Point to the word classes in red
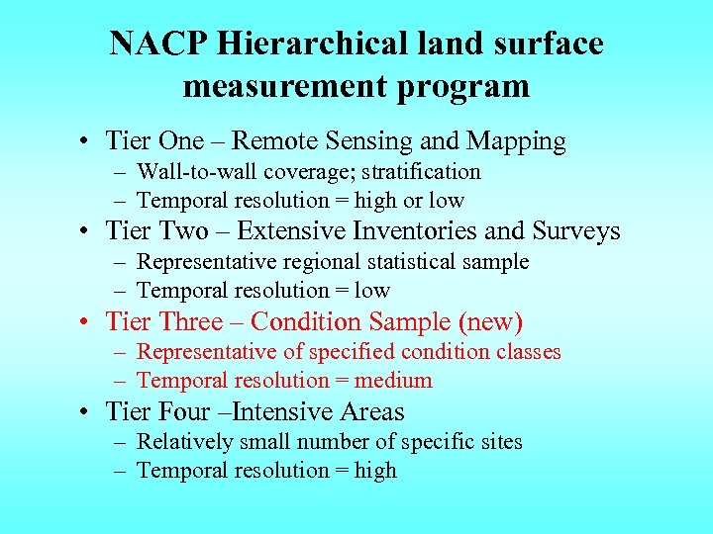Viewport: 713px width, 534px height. point(528,352)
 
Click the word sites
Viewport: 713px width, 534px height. point(501,442)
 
